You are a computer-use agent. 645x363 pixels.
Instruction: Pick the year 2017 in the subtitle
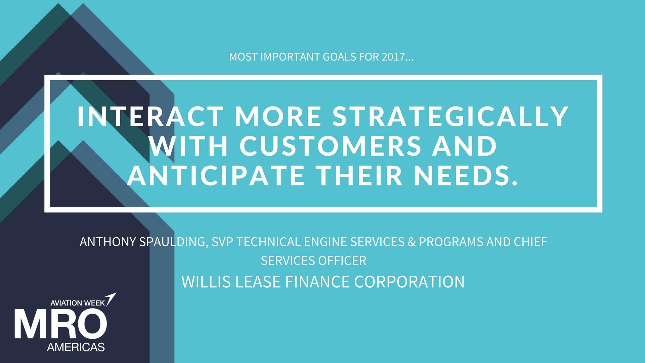coord(393,57)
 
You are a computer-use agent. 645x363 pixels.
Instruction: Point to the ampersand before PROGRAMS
coord(412,242)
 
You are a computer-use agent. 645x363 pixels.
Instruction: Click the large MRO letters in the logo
coord(61,325)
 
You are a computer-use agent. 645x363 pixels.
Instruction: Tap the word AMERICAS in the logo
coord(76,347)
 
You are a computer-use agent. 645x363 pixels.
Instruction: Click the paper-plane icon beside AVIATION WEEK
coord(111,299)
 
